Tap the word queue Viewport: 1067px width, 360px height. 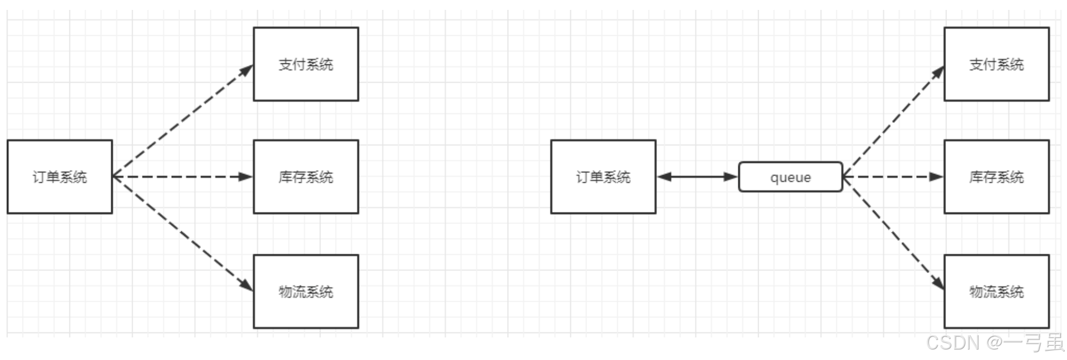(790, 177)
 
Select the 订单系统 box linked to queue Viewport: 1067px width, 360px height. (603, 177)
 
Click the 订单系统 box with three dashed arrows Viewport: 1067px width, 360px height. (59, 177)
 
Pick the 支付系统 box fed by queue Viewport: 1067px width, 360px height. (996, 64)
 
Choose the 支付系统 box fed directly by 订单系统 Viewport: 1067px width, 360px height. (306, 64)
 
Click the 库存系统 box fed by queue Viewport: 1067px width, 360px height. (996, 177)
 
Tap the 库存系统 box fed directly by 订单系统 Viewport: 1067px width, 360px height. (306, 177)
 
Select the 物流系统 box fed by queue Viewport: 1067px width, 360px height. (996, 291)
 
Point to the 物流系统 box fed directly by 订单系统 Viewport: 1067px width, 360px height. (306, 291)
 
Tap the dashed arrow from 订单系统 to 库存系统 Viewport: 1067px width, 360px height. (182, 177)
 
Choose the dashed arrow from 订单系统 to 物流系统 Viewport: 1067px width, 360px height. (182, 233)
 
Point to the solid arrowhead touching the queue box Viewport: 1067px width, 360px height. (731, 177)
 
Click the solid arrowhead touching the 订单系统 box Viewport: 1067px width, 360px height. (665, 177)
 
